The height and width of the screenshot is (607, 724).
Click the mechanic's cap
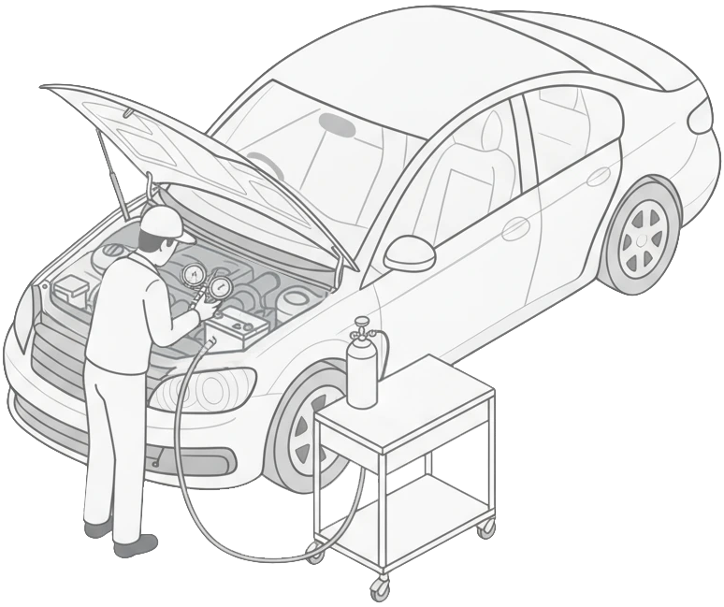pyautogui.click(x=160, y=222)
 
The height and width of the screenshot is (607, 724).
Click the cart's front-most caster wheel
pyautogui.click(x=379, y=589)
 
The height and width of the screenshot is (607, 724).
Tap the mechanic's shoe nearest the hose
pyautogui.click(x=137, y=543)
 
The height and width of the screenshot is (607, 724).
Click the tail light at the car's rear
pyautogui.click(x=704, y=116)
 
